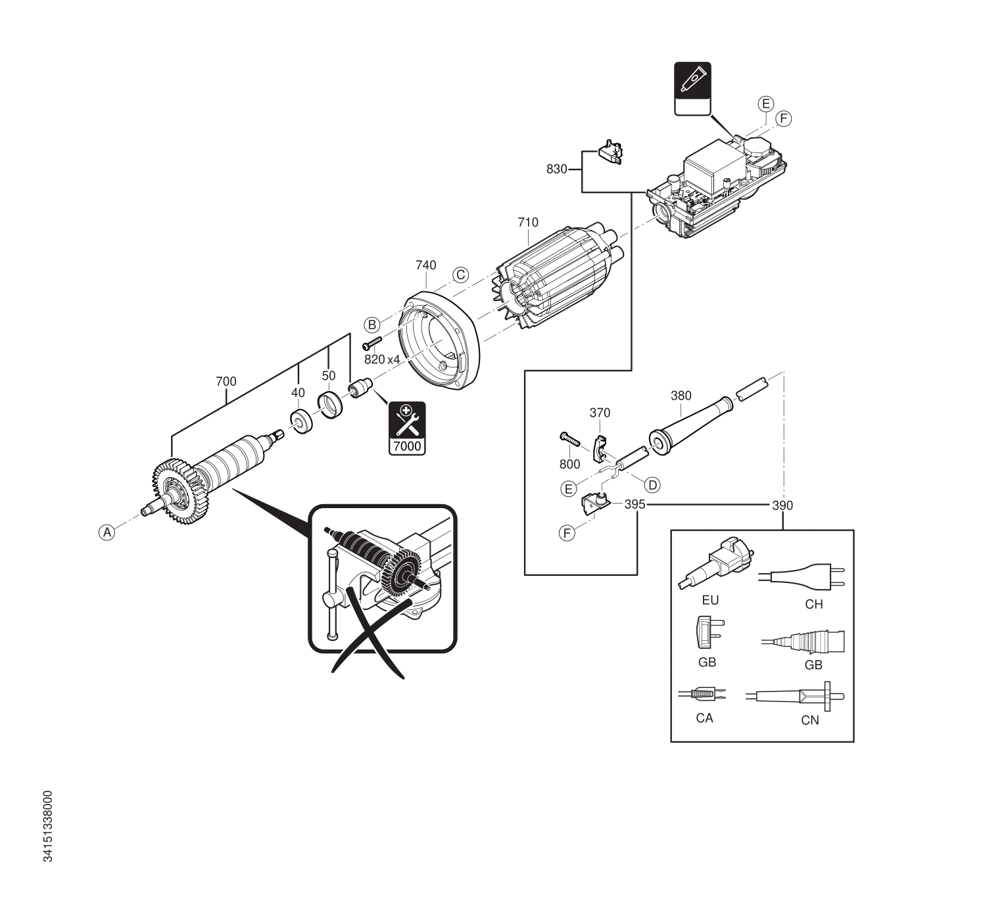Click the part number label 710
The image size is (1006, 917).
click(527, 222)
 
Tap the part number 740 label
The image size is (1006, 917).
click(426, 265)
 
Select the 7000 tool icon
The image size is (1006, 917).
click(407, 428)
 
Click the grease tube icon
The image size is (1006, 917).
click(692, 89)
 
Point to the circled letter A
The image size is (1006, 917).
click(107, 532)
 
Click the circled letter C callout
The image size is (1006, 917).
click(460, 275)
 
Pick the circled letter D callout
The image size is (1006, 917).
click(652, 485)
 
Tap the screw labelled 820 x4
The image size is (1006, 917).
click(372, 342)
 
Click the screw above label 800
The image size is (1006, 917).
click(569, 439)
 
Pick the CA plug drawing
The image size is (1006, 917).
click(702, 694)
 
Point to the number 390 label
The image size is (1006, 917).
click(782, 506)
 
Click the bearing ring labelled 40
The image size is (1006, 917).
click(302, 421)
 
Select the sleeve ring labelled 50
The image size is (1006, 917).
click(330, 405)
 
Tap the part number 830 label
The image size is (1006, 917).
click(557, 170)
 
